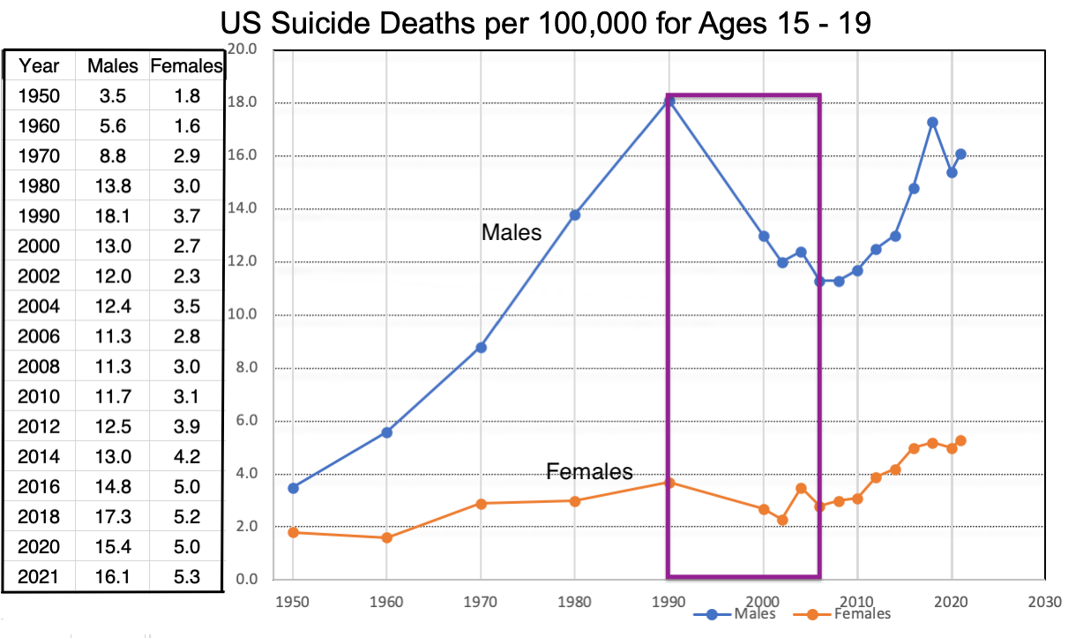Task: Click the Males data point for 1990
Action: [x=669, y=101]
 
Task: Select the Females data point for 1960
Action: [x=386, y=537]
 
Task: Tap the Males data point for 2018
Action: [x=932, y=123]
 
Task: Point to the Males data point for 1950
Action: [x=293, y=487]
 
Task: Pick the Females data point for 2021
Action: [x=960, y=440]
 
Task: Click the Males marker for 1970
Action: [x=481, y=347]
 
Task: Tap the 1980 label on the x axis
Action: [x=575, y=602]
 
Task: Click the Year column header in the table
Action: [x=39, y=65]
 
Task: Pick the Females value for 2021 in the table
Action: [x=186, y=578]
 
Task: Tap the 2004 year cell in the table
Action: [x=39, y=306]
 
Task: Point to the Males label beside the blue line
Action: [x=512, y=233]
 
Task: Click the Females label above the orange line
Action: [x=589, y=471]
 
